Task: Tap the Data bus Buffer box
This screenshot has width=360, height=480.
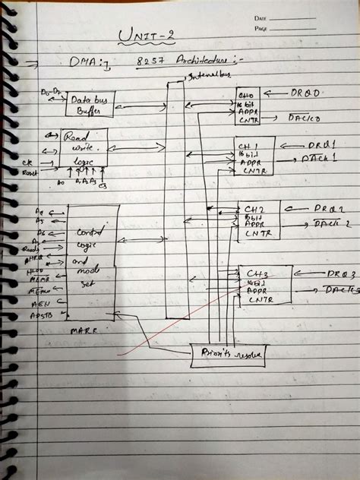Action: pos(89,105)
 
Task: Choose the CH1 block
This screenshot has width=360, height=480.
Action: pos(254,156)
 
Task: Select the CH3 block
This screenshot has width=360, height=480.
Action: pos(264,283)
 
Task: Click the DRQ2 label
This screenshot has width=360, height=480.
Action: pos(328,208)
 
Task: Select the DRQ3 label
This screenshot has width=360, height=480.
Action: pos(333,273)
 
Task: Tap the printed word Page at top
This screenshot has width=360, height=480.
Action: pos(261,28)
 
